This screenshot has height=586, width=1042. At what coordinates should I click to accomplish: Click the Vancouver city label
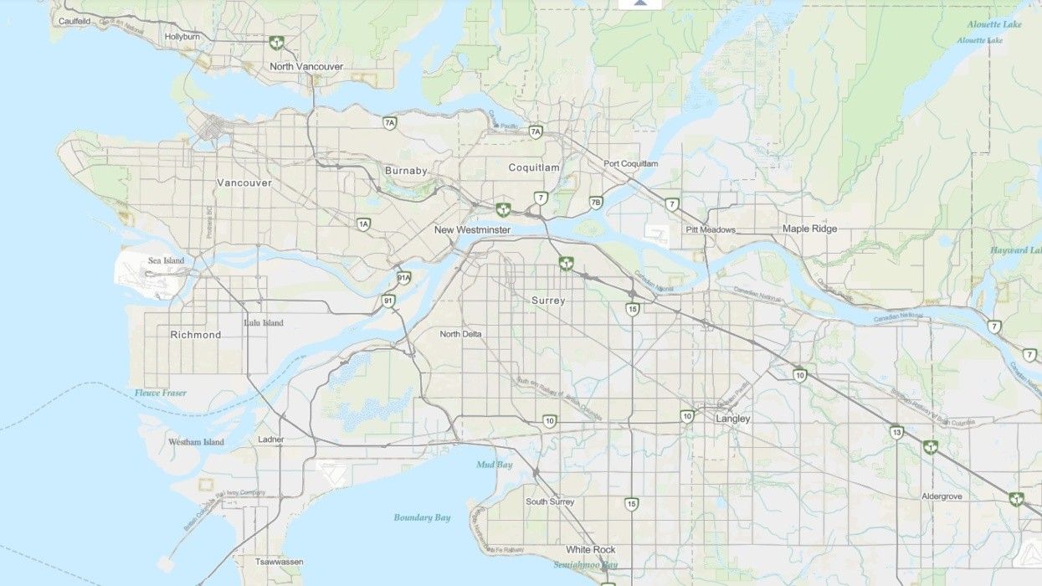[244, 182]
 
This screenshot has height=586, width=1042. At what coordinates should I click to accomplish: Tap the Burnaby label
[406, 171]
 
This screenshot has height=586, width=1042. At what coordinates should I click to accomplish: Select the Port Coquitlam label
[630, 163]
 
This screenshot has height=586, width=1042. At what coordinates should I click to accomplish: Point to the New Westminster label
[472, 229]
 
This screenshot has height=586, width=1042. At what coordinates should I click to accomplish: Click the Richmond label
[196, 335]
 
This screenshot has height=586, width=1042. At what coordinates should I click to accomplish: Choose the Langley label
[733, 419]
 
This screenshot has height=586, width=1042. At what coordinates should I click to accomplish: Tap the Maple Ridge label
[809, 229]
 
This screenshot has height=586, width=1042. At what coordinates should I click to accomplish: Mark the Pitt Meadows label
[711, 229]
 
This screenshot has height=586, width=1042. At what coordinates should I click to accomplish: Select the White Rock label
[590, 550]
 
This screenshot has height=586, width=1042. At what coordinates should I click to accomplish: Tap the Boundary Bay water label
[423, 518]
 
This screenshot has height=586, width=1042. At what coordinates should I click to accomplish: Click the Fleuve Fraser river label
[161, 393]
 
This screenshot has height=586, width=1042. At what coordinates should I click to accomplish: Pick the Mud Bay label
[493, 464]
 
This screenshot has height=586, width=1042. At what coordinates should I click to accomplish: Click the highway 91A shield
[403, 278]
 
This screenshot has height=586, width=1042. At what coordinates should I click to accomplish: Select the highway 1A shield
[363, 224]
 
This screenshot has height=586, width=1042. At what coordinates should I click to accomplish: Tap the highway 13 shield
[896, 432]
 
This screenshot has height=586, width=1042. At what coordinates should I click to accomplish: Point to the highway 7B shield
[596, 203]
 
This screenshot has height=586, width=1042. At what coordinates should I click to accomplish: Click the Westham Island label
[196, 442]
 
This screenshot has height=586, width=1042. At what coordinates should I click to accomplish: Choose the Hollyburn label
[183, 37]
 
